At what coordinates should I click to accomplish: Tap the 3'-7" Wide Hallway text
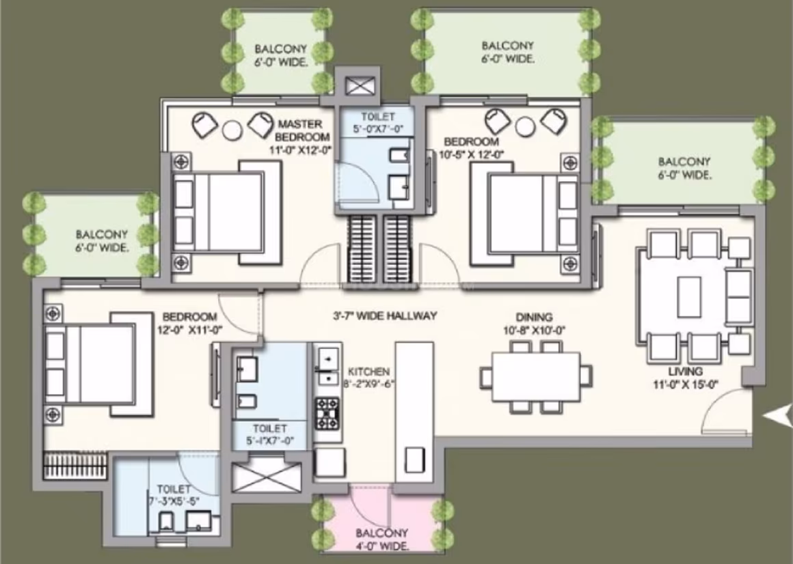point(385,316)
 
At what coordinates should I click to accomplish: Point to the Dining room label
point(534,317)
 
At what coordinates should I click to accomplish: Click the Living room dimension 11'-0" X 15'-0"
point(685,384)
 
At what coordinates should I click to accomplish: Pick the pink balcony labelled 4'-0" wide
point(381,518)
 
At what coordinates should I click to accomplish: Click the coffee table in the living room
point(689,297)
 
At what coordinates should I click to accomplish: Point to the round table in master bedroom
point(232,131)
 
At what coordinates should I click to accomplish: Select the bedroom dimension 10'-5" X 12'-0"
point(472,154)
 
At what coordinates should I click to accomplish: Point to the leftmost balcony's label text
point(102,241)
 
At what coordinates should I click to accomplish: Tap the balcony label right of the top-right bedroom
point(684,168)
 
